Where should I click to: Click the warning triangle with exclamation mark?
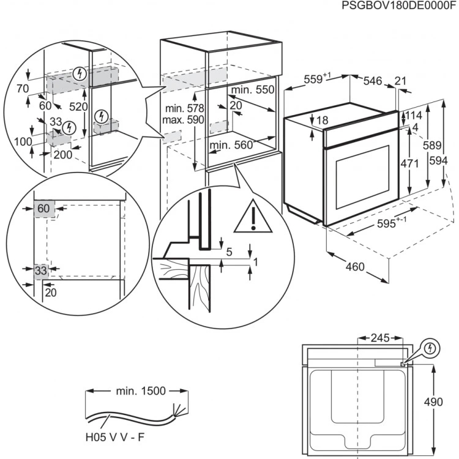(x=253, y=217)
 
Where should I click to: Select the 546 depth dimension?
(x=373, y=80)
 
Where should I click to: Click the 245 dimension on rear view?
(x=379, y=337)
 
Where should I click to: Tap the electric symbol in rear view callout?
(x=432, y=348)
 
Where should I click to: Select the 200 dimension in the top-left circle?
(x=62, y=154)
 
